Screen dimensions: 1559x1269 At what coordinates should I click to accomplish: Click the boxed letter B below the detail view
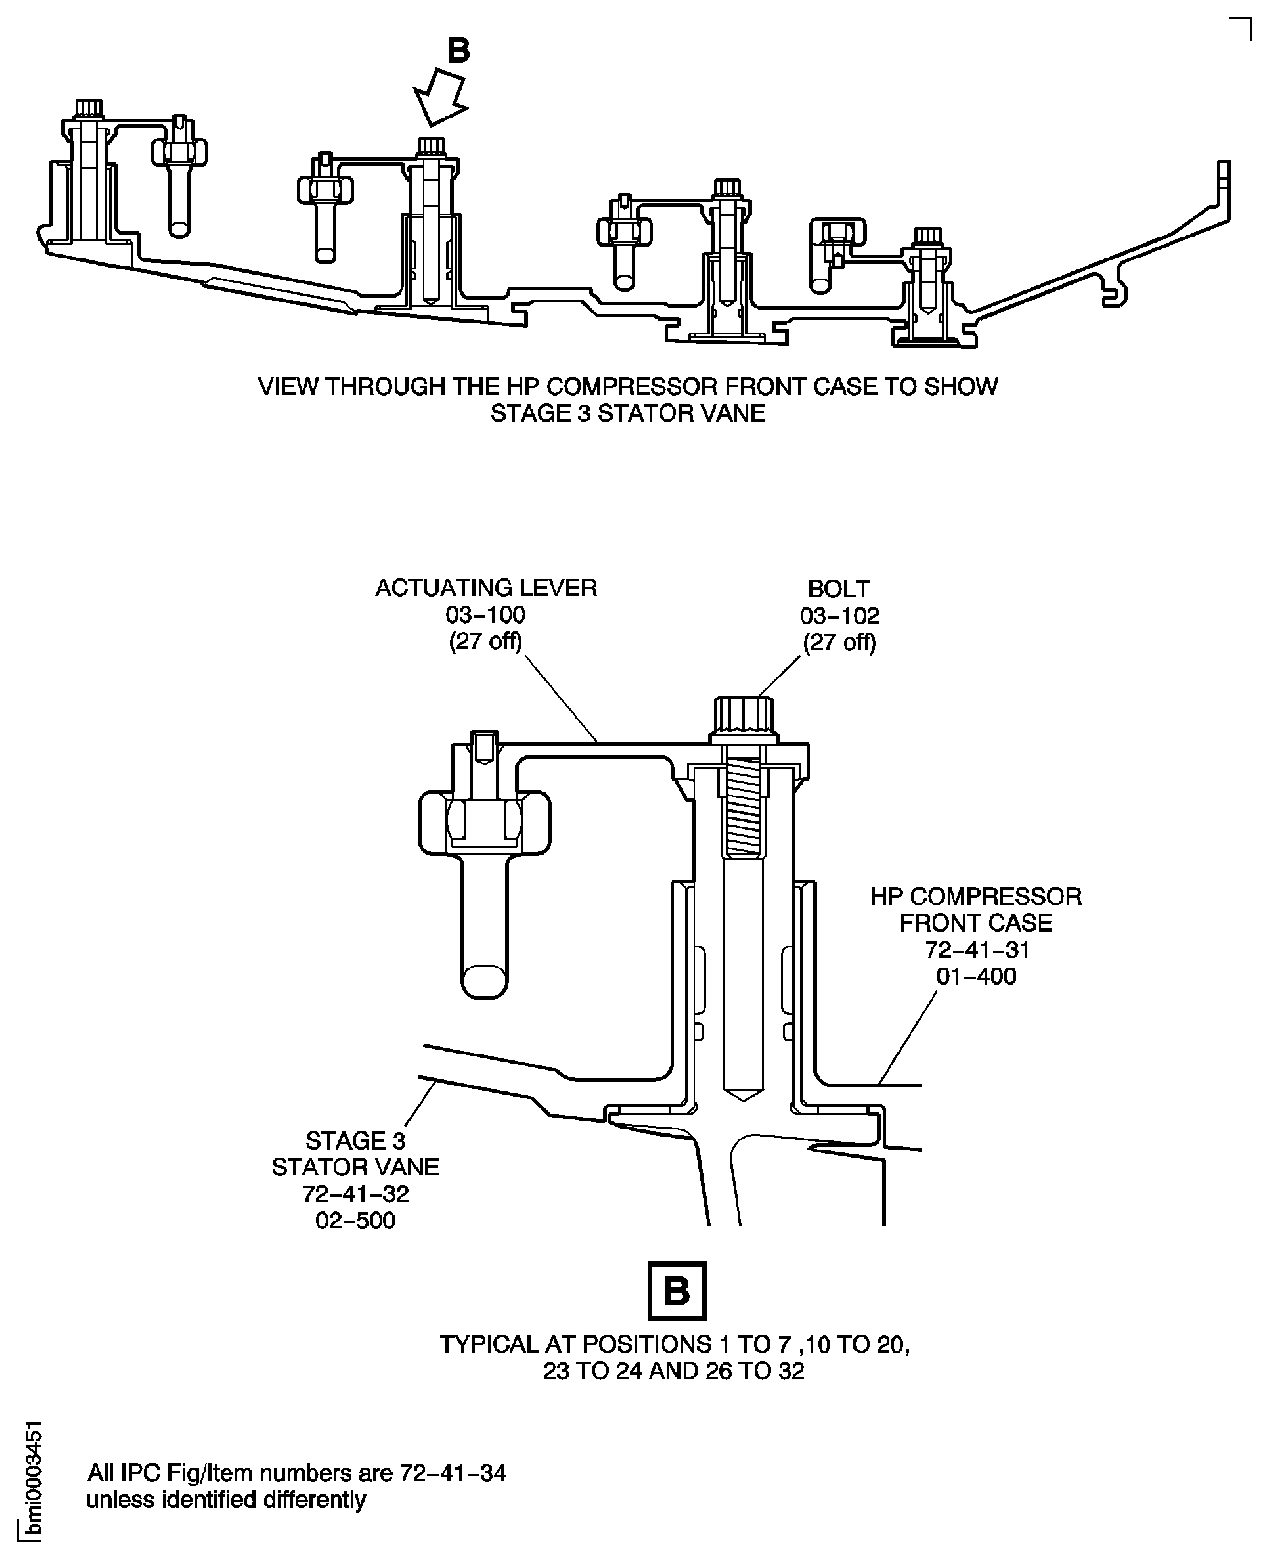677,1291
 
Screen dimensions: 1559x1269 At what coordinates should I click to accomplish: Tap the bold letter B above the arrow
458,51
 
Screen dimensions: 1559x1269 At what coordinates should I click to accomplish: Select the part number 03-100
486,615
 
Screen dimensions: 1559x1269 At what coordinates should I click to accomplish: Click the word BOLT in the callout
838,589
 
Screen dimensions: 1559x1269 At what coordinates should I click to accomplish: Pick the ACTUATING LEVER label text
486,588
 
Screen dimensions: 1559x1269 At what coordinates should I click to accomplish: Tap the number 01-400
976,976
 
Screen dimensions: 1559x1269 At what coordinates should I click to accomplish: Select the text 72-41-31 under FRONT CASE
976,950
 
